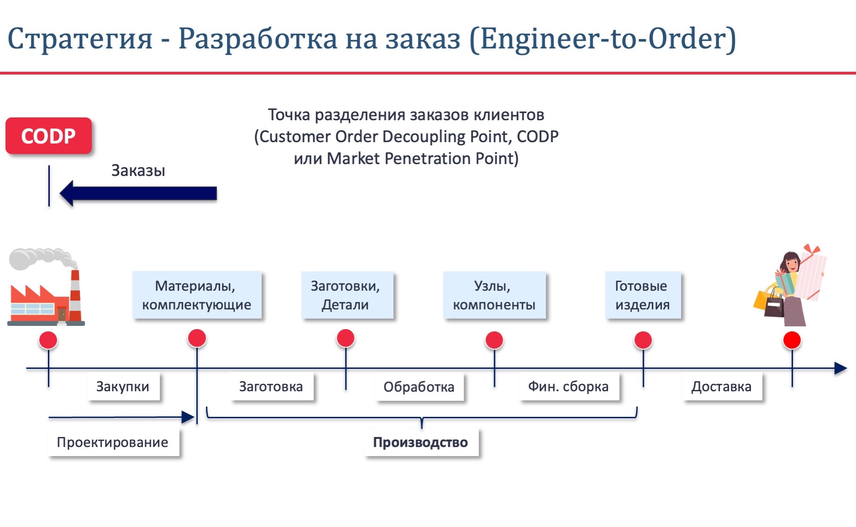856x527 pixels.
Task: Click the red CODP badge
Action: click(x=48, y=136)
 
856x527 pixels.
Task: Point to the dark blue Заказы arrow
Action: click(x=138, y=193)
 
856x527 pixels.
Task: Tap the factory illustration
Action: click(x=46, y=287)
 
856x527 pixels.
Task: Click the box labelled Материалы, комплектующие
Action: click(x=197, y=295)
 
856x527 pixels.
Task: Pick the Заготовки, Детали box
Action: click(x=347, y=295)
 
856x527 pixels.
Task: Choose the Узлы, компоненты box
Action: click(x=494, y=295)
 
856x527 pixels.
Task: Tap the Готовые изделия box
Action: click(x=643, y=295)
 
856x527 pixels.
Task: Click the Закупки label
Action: click(x=123, y=387)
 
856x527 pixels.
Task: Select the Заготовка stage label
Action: click(x=272, y=387)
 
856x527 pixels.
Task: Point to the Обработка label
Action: click(x=419, y=387)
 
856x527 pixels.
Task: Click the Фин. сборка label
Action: click(x=569, y=387)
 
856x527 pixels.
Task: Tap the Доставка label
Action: click(x=722, y=387)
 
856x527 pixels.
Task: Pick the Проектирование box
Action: click(x=113, y=442)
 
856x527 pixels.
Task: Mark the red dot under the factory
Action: click(x=48, y=340)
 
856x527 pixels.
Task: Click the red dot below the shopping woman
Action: click(x=792, y=340)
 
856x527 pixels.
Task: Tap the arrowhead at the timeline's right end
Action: click(x=841, y=368)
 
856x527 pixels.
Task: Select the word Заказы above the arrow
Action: click(x=138, y=170)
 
